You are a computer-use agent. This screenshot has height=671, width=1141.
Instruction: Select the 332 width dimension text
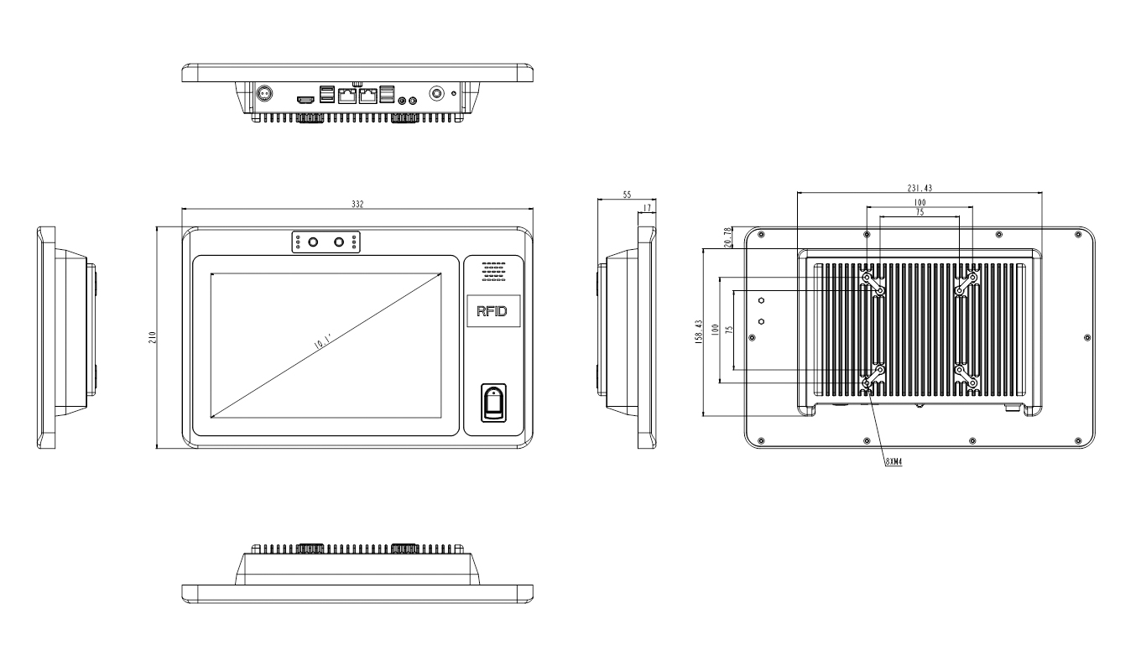point(358,205)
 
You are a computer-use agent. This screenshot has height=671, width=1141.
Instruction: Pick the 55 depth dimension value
point(626,194)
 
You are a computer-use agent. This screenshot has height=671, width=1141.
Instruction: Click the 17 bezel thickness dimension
point(647,207)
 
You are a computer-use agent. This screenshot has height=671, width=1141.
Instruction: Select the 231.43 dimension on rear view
point(920,188)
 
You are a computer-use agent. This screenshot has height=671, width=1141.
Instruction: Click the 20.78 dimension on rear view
point(727,237)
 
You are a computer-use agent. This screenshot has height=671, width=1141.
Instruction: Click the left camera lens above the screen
point(314,242)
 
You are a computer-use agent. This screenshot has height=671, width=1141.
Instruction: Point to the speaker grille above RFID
point(492,269)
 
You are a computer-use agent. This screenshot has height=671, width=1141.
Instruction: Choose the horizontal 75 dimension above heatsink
point(920,212)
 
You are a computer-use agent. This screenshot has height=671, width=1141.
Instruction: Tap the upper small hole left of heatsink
point(762,299)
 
